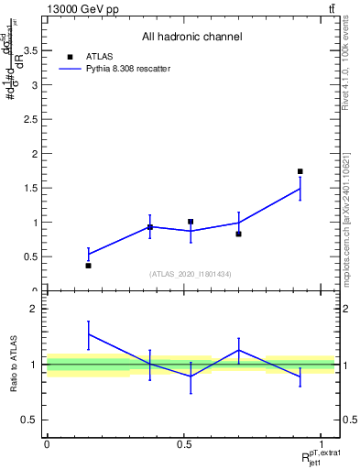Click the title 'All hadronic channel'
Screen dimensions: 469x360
click(x=191, y=37)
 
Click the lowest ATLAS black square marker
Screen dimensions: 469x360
click(x=89, y=266)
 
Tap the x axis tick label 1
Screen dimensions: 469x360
click(x=322, y=444)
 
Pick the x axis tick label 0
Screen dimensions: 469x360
click(x=47, y=444)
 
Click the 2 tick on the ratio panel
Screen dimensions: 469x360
click(x=34, y=310)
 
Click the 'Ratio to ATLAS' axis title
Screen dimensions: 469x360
click(x=13, y=364)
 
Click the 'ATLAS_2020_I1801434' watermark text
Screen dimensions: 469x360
click(x=191, y=275)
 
